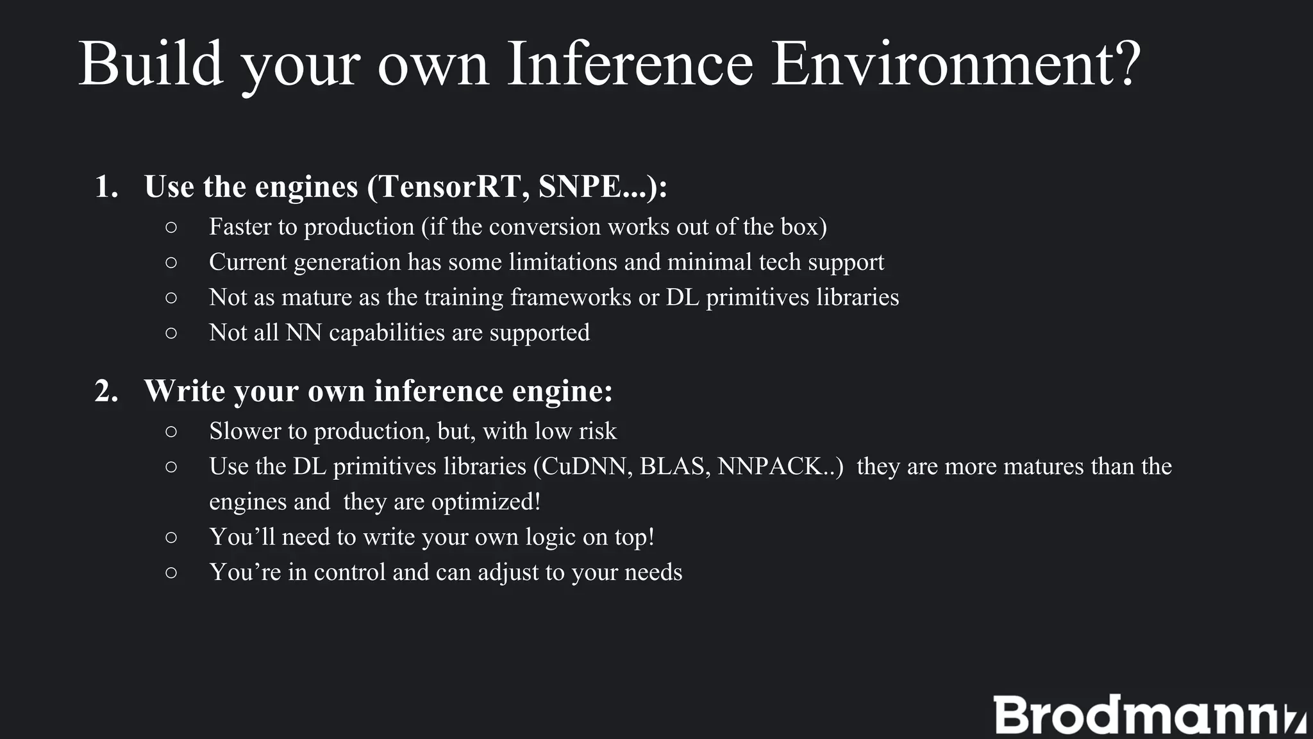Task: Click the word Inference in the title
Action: tap(630, 64)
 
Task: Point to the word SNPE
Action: tap(580, 187)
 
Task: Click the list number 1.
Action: tap(106, 187)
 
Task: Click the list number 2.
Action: tap(106, 391)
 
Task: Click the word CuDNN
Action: tap(587, 466)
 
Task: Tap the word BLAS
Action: tap(675, 466)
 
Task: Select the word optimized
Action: tap(485, 502)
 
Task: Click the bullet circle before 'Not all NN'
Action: tap(171, 333)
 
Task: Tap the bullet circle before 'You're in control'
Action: tap(171, 572)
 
